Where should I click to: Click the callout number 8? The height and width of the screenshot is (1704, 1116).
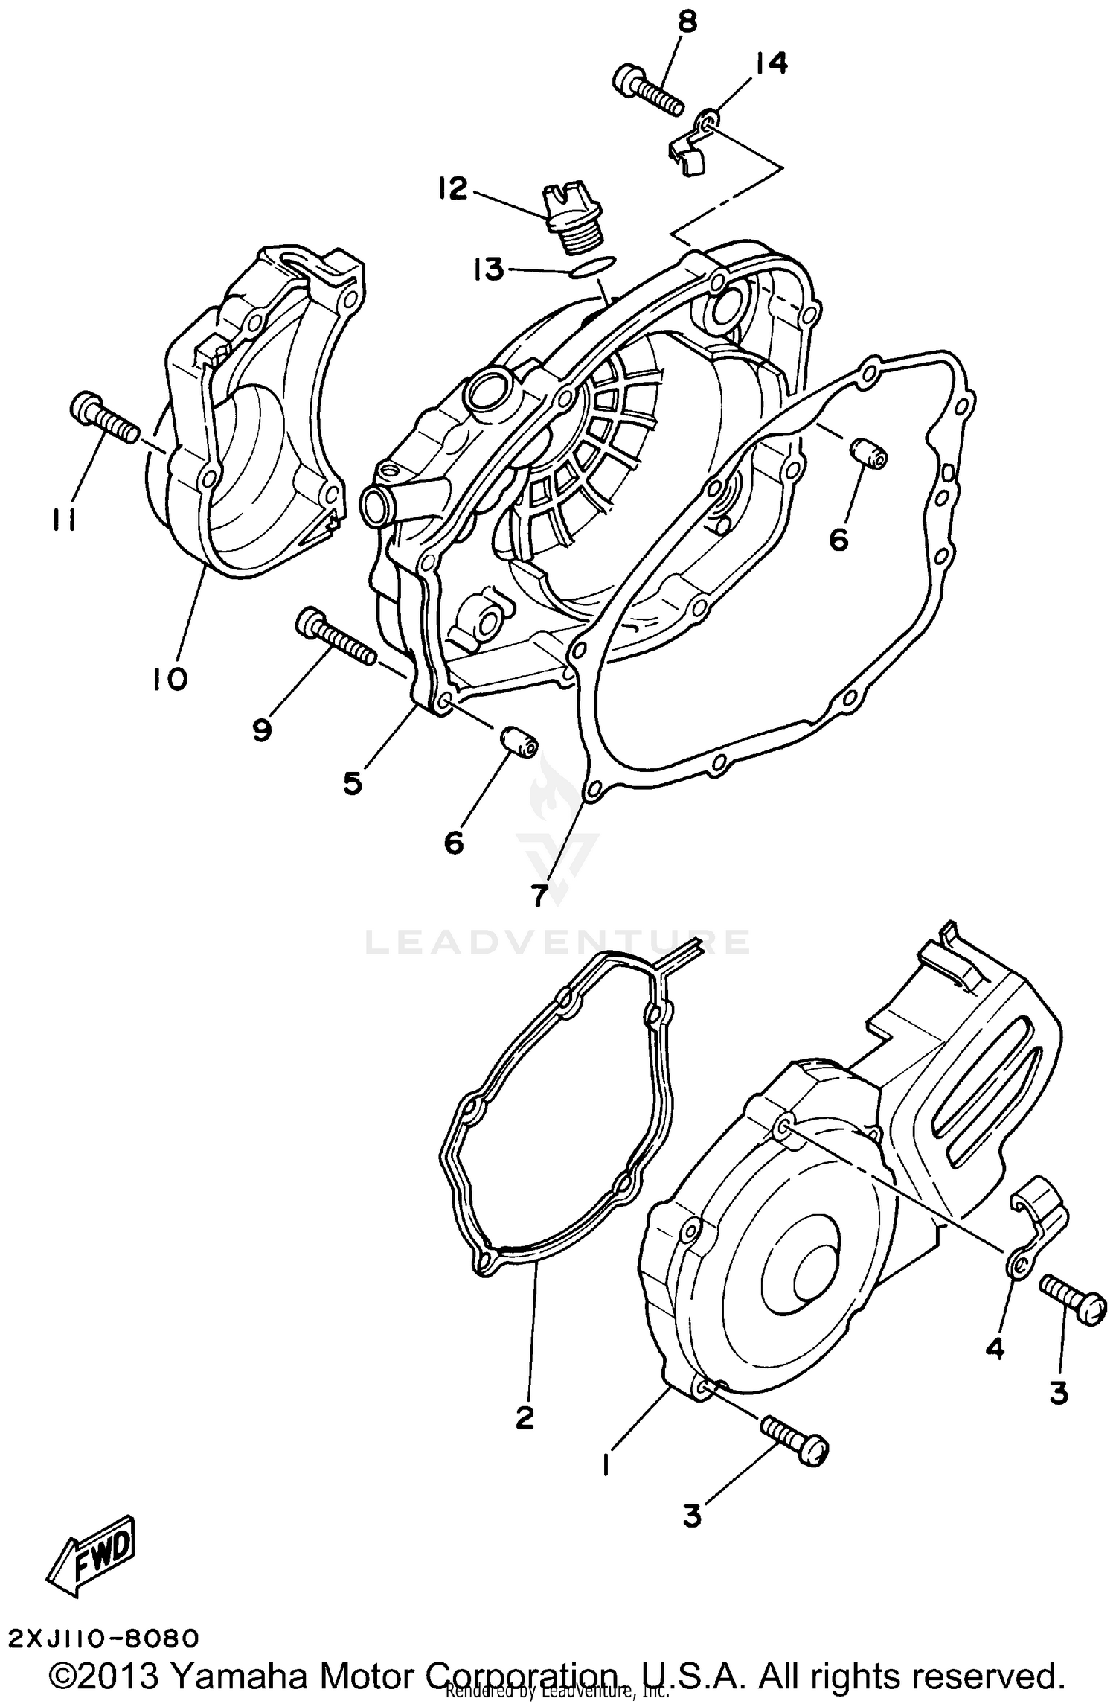coord(686,23)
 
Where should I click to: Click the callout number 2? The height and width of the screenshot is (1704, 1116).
coord(525,1418)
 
